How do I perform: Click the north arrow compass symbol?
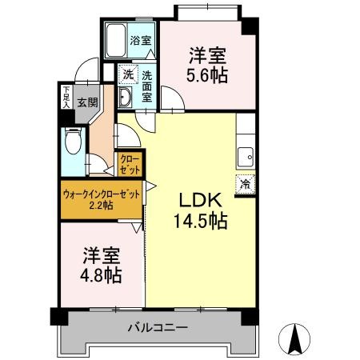tap(294, 339)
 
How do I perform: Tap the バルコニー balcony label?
tap(158, 327)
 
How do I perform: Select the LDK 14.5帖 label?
tap(201, 210)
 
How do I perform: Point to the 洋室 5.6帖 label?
tap(207, 65)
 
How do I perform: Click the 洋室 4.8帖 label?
tap(102, 265)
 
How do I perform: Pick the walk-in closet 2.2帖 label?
tap(102, 199)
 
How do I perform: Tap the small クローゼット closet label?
tap(130, 165)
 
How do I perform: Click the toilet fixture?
tap(73, 141)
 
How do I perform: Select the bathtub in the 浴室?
tap(116, 41)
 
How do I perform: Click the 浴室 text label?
tap(141, 40)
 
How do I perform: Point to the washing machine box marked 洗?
tap(128, 74)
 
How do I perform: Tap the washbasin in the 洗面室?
tap(125, 98)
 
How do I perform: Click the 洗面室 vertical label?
tap(147, 86)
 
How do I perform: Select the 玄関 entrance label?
tap(87, 102)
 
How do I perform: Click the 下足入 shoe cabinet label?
tap(66, 97)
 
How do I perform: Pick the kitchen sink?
tap(246, 158)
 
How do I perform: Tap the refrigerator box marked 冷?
tap(246, 184)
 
